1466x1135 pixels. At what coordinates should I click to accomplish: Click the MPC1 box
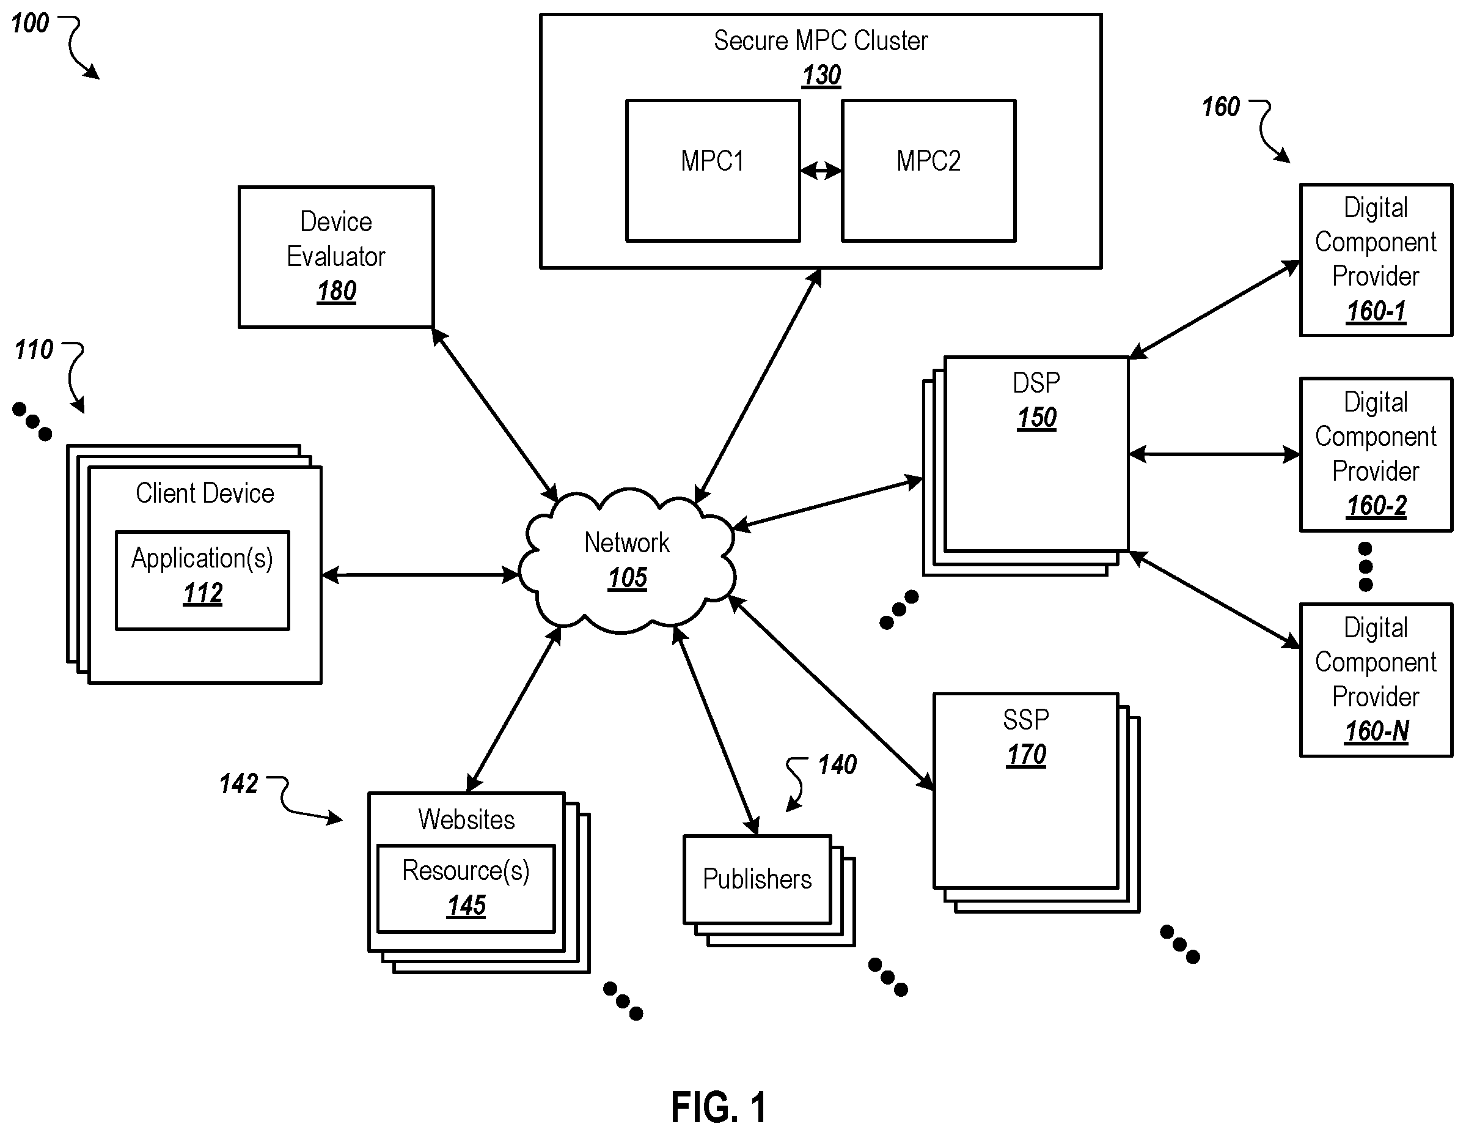[713, 171]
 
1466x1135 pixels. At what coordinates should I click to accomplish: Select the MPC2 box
[928, 171]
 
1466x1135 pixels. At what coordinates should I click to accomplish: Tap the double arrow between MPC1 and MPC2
[821, 171]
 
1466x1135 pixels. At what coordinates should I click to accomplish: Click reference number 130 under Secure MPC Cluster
[821, 75]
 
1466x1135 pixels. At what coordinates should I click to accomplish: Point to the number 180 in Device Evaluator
[336, 292]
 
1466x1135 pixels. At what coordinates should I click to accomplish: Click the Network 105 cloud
[627, 561]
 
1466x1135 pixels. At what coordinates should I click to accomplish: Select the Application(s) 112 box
[203, 580]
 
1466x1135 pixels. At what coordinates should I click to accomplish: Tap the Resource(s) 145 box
[466, 889]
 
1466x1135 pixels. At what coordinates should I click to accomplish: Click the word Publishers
[757, 879]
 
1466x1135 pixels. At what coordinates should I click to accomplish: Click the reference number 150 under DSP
[1037, 418]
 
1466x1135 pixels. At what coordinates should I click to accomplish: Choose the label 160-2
[1377, 506]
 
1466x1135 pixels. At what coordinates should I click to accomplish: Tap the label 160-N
[1377, 731]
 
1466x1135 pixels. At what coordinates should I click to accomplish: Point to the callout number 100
[30, 23]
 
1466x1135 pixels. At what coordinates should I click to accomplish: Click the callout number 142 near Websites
[239, 784]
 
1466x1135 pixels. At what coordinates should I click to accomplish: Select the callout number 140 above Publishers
[837, 765]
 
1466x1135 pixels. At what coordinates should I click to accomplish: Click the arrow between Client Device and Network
[420, 575]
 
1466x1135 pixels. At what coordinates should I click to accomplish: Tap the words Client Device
[205, 494]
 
